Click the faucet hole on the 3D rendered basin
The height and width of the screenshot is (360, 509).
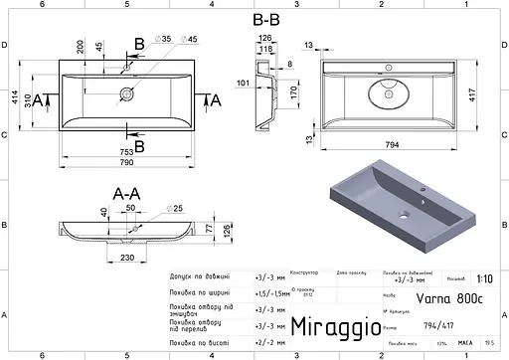[x=422, y=187]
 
